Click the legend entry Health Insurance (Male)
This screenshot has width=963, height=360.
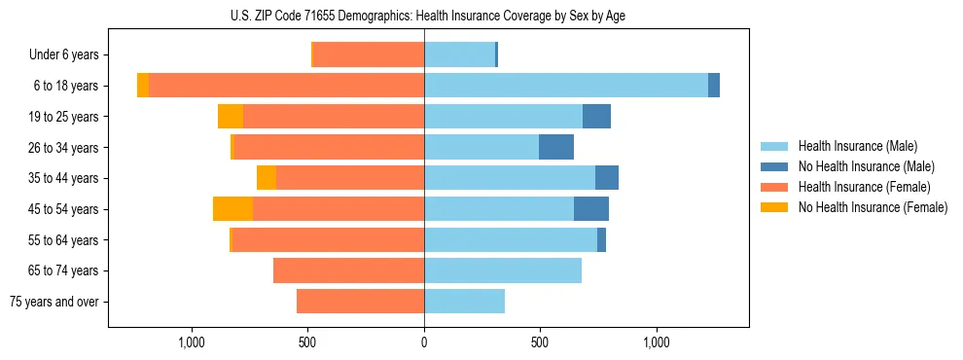(857, 146)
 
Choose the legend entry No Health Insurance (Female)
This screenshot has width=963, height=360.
(873, 207)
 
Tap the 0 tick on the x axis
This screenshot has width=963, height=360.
(424, 343)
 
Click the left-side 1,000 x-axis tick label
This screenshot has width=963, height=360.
(192, 343)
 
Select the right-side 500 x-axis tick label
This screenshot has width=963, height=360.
(540, 343)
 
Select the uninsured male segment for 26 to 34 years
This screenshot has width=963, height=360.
(556, 147)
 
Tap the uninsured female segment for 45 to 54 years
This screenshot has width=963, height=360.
(232, 209)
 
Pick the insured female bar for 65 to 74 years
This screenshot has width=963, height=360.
(348, 270)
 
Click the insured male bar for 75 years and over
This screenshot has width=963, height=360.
(464, 302)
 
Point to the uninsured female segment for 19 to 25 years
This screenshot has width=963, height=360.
(231, 117)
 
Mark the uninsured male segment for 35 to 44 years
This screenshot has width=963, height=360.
(607, 178)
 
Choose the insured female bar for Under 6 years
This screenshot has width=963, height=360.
(369, 55)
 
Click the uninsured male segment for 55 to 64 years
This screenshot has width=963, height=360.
(601, 239)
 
